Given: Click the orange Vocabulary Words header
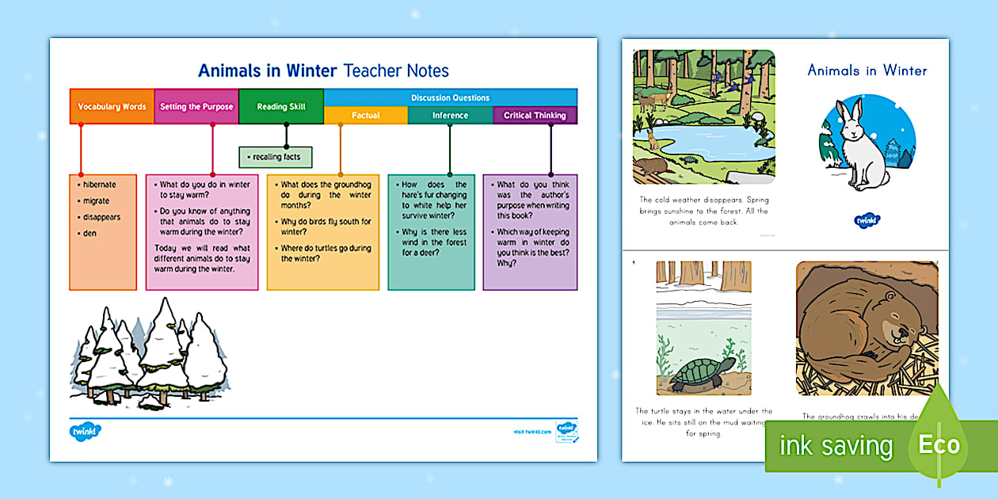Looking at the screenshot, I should pos(112,107).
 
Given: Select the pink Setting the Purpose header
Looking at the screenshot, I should pos(196,107).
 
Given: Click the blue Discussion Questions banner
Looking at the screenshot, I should pos(450,97).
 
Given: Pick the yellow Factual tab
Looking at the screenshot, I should pos(366,116).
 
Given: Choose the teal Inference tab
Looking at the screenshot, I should pos(450,116).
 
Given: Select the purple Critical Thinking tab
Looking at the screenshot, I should pos(535,116).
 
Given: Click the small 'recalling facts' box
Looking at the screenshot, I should pos(276,157).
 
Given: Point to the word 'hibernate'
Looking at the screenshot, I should pos(99,185).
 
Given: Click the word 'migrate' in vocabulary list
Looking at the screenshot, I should pos(96,201).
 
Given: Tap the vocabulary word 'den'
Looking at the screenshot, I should pos(90,233).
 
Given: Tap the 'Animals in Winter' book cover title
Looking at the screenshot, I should pos(867,70).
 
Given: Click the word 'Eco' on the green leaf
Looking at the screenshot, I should pos(939,444).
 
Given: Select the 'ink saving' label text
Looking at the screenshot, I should pos(836,446).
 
